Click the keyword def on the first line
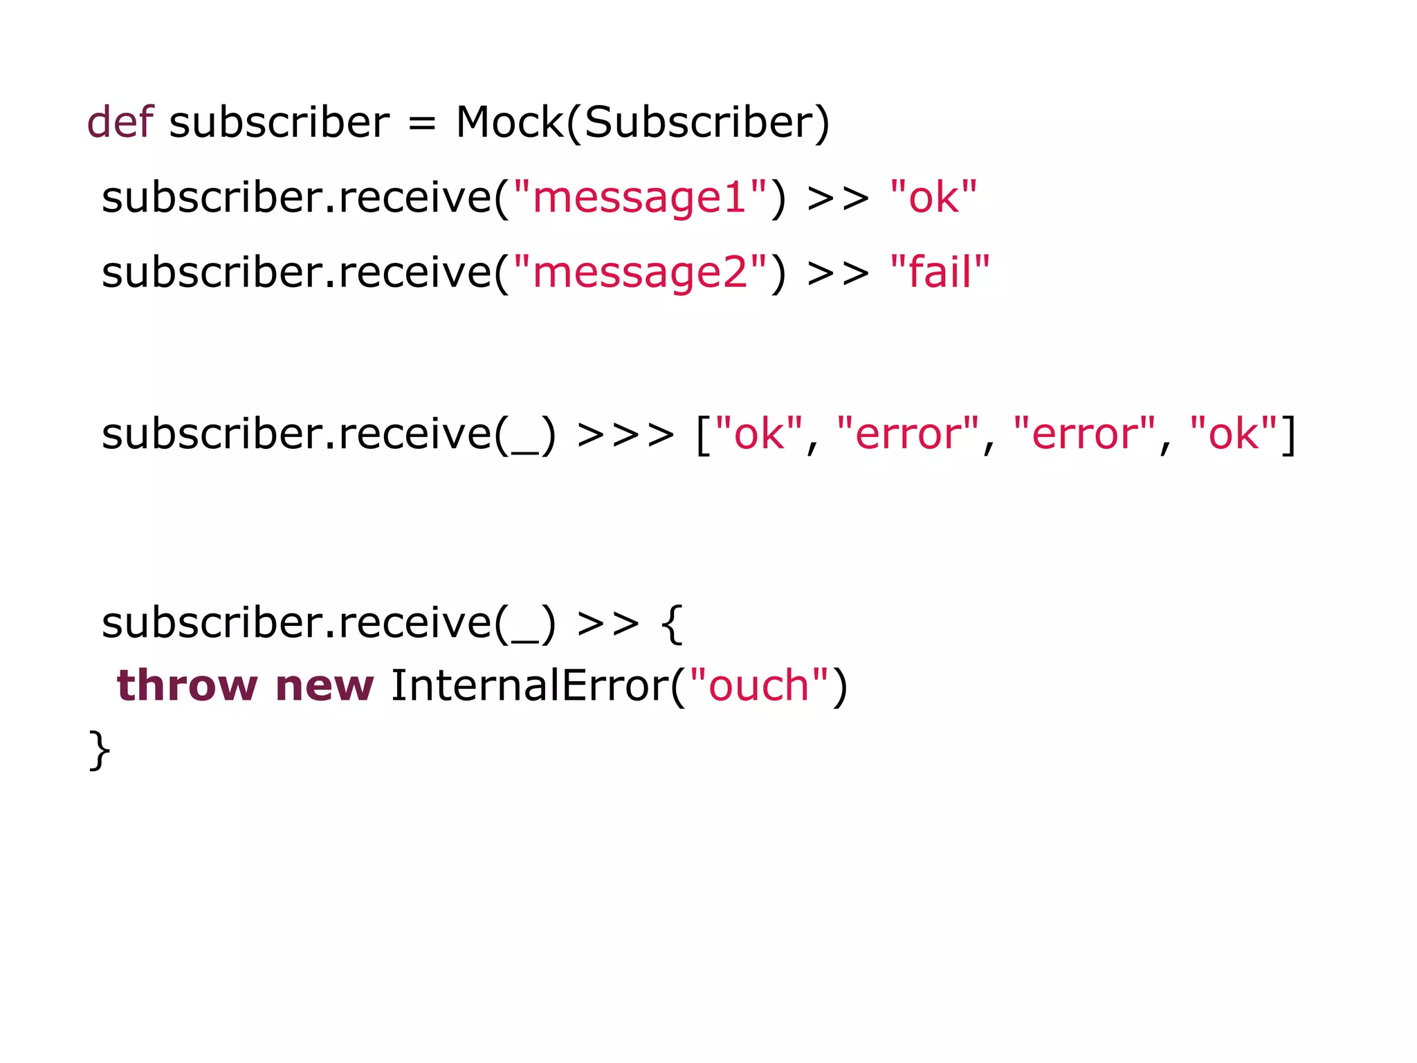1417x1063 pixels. click(119, 122)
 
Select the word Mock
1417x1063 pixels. click(510, 122)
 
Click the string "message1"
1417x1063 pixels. click(640, 198)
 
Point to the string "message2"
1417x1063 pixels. click(640, 272)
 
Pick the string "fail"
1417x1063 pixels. click(940, 271)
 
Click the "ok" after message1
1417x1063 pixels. click(933, 198)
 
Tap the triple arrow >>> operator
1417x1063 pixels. click(625, 435)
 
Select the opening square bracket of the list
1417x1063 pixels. click(703, 435)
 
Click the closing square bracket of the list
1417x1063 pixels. click(1288, 435)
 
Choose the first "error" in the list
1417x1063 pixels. click(908, 434)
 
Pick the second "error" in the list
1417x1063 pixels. click(1084, 434)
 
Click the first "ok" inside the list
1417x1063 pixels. click(758, 434)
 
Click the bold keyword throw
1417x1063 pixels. click(187, 685)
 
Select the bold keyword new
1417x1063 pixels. click(324, 687)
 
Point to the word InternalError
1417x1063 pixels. click(529, 685)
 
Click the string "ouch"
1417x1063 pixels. click(759, 685)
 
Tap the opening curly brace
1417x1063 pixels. click(672, 624)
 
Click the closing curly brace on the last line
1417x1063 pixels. click(100, 750)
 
